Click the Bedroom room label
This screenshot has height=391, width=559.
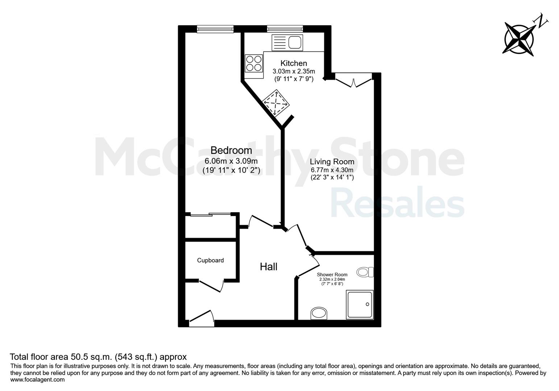point(231,150)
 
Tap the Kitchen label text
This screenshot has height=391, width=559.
point(294,63)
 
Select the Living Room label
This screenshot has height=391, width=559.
point(332,161)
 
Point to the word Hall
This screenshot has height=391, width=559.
point(269,267)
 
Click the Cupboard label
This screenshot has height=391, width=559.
point(210,260)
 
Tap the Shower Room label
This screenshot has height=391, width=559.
point(332,274)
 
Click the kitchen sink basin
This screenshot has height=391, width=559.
point(295,42)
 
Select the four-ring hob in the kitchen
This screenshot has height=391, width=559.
point(254,63)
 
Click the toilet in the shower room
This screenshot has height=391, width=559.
point(365,272)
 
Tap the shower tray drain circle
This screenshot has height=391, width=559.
point(367,304)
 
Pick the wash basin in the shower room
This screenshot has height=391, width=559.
point(319,313)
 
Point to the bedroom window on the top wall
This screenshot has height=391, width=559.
point(215,29)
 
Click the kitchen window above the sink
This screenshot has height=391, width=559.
point(285,29)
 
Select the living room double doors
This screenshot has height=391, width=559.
point(353,82)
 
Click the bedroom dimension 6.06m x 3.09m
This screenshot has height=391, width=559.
point(231,161)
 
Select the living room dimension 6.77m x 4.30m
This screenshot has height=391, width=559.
point(332,170)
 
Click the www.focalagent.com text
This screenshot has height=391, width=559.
point(37,380)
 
